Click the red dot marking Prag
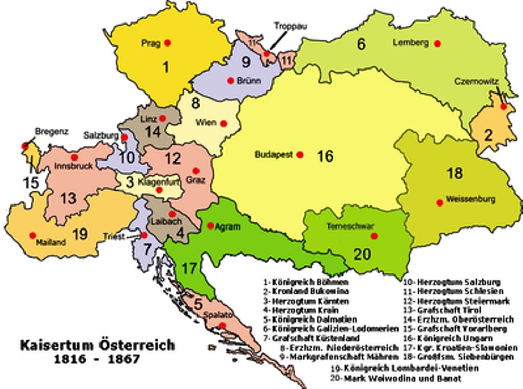tap(167, 43)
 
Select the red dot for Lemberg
tap(437, 43)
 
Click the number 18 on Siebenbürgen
tap(454, 173)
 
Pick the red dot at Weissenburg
tap(439, 202)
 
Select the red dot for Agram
tap(210, 225)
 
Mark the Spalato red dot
tap(222, 326)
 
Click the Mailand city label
tap(51, 243)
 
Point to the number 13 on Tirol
tap(68, 198)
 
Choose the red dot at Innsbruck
tap(74, 157)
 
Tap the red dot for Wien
tap(223, 123)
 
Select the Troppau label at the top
tap(290, 26)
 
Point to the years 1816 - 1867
tap(97, 359)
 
